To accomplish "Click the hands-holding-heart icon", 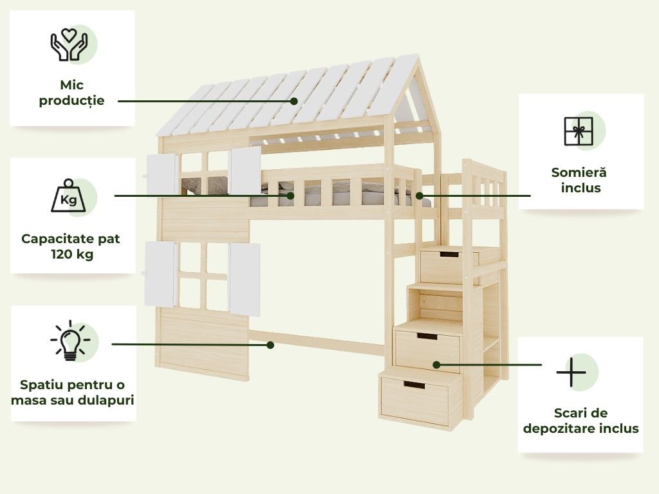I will pos(69,44).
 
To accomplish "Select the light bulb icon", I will pos(70,340).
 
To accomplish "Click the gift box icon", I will pos(578,131).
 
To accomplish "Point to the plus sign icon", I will pos(571,372).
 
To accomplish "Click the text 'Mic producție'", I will pos(71,93).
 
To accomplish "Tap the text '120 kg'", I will pos(71,255).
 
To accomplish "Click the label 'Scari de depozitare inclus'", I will pos(580,421).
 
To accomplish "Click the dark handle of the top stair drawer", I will pos(449,254).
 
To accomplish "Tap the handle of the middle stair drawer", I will pos(427,336).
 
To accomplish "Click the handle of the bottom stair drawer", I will pos(414,385).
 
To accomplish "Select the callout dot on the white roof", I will pos(293,101).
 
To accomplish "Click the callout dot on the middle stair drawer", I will pos(436,365).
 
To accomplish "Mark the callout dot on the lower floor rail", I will pos(270,345).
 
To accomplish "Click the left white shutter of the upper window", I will pos(162,174).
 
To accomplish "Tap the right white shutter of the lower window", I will pos(245,279).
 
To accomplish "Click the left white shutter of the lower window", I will pos(160,274).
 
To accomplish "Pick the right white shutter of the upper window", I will pos(246,170).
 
